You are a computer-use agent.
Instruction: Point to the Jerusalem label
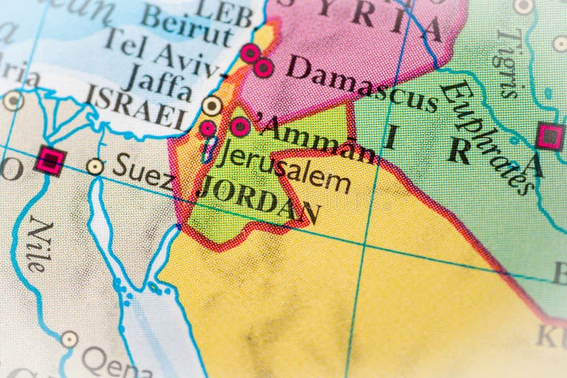coord(285,168)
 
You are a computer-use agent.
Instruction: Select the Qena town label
coord(107,362)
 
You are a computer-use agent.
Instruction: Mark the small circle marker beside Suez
coord(94,167)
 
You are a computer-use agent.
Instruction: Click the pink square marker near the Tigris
coord(549,137)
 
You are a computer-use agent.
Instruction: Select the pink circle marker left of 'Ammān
coord(239,127)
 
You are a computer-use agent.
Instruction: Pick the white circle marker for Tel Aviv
coord(213,106)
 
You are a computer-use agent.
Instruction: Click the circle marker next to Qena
coord(69,340)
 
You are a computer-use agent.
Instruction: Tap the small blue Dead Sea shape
coord(210,150)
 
